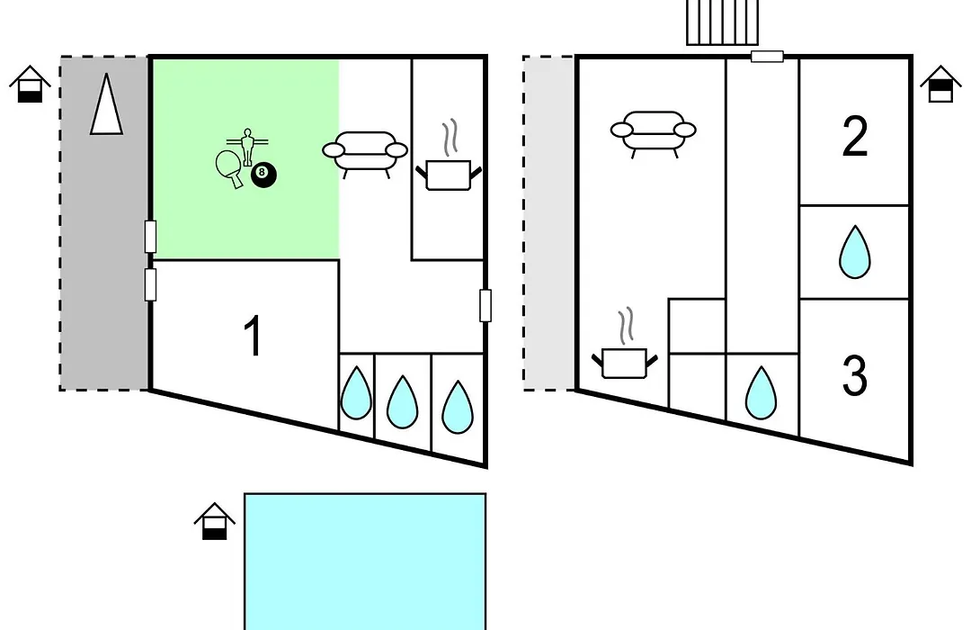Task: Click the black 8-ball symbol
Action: point(263,175)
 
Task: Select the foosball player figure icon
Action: point(248,146)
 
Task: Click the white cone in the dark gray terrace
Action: point(106,104)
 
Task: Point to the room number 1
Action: point(253,336)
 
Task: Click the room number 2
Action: point(855,136)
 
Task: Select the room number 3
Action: point(855,375)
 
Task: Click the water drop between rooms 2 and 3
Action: point(855,252)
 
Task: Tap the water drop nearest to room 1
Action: point(357,393)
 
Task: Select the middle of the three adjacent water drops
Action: point(403,401)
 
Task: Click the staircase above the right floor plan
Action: point(723,22)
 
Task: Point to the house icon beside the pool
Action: point(215,521)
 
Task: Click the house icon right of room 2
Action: point(940,83)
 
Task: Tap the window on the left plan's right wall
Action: point(485,305)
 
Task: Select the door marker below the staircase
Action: point(767,57)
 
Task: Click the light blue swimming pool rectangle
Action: point(365,562)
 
